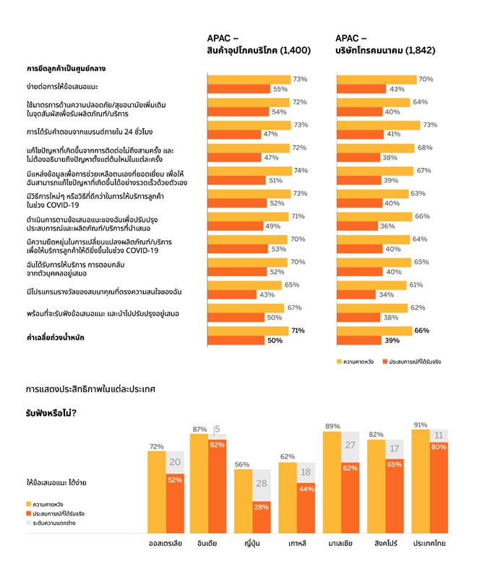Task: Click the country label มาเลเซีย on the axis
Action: [341, 542]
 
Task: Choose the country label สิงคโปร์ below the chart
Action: [384, 542]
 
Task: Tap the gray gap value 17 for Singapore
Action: [394, 448]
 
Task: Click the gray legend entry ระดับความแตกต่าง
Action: [54, 523]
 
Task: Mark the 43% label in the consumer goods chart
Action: [267, 294]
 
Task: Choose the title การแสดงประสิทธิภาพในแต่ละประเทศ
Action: [90, 389]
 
